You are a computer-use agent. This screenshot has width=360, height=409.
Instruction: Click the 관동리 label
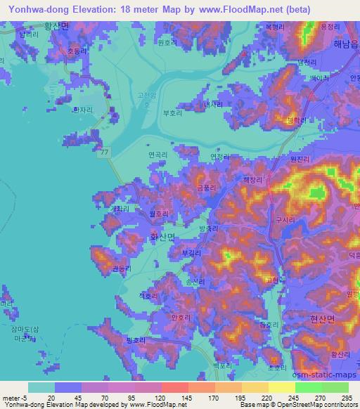tap(122, 268)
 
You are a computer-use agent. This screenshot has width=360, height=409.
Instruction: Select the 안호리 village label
tap(181, 318)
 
